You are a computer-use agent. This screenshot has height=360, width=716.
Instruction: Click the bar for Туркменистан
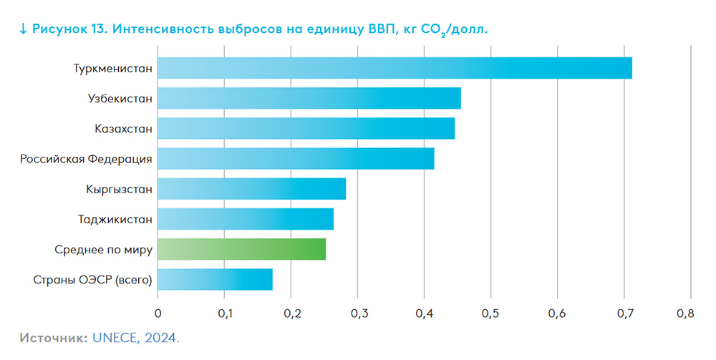point(395,68)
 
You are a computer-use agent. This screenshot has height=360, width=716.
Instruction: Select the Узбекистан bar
point(309,98)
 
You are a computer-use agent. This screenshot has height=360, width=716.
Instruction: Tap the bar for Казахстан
point(306,129)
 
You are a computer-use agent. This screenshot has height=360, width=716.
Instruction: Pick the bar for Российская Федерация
point(296,159)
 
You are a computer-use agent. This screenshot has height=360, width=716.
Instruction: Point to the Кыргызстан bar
point(251,189)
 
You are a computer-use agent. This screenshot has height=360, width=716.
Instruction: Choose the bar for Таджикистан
point(245,219)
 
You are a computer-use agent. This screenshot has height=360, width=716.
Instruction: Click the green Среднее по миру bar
point(241,249)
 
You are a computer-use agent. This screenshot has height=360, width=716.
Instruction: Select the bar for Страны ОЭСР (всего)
point(215,279)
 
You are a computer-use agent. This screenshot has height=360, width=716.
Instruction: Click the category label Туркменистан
point(112,69)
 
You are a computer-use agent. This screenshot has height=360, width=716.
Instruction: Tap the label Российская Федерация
point(86,159)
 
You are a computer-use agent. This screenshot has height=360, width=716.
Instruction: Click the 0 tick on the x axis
point(158,313)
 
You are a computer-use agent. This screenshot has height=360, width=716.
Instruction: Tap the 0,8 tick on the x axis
point(685,313)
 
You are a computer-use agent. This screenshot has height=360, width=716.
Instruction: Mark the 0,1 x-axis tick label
point(224,313)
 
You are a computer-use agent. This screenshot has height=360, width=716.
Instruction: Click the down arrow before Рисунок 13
point(23,29)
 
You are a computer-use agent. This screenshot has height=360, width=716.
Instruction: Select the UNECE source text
point(112,336)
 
